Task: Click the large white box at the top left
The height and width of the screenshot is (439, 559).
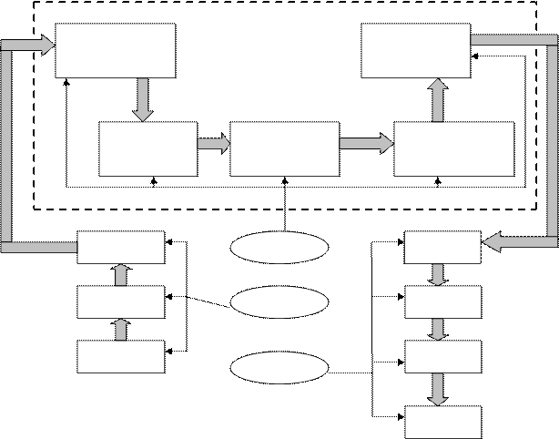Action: [x=115, y=50]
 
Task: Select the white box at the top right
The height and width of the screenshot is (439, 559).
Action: [x=415, y=50]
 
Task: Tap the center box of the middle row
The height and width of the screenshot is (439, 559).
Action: [x=284, y=148]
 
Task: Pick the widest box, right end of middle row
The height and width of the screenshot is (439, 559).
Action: [x=453, y=148]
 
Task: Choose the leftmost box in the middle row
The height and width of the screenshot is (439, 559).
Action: [x=147, y=148]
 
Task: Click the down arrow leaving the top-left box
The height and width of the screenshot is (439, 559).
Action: [x=141, y=99]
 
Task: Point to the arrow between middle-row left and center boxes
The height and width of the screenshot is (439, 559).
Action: [x=213, y=144]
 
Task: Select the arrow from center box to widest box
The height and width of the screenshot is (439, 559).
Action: [x=366, y=144]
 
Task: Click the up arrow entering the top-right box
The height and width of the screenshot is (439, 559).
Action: [x=438, y=99]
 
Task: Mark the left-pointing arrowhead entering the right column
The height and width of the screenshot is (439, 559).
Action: [x=493, y=242]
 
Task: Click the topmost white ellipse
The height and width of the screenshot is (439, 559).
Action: [x=279, y=248]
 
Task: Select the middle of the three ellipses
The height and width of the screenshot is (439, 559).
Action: [x=279, y=301]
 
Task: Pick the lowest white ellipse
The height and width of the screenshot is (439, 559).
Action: [x=279, y=368]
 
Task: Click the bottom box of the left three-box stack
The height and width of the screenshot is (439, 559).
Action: [x=120, y=356]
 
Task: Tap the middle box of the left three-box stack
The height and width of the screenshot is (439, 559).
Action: [x=120, y=301]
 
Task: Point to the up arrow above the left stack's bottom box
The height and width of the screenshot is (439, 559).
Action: [x=120, y=329]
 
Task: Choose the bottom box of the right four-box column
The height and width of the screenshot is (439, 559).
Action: [x=442, y=423]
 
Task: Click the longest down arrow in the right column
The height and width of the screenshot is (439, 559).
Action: [x=439, y=389]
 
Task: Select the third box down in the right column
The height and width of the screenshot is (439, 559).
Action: [x=442, y=356]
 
